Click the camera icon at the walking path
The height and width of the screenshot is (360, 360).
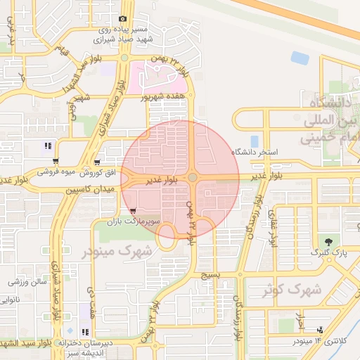(123, 19)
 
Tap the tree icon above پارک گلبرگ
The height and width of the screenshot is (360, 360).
(321, 242)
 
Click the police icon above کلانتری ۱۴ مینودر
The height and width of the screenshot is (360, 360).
(321, 330)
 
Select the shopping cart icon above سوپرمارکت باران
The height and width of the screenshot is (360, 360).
(133, 210)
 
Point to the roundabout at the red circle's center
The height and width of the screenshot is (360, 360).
(193, 178)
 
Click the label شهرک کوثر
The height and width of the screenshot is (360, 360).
(294, 289)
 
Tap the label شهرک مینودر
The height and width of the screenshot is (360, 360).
(117, 250)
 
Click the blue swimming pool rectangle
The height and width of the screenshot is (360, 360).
(254, 141)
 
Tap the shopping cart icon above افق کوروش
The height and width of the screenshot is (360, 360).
(97, 161)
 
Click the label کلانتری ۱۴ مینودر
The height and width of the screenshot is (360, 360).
(316, 340)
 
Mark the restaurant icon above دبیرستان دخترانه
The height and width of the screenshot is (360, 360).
(85, 331)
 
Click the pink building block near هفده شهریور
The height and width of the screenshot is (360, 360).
(154, 76)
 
